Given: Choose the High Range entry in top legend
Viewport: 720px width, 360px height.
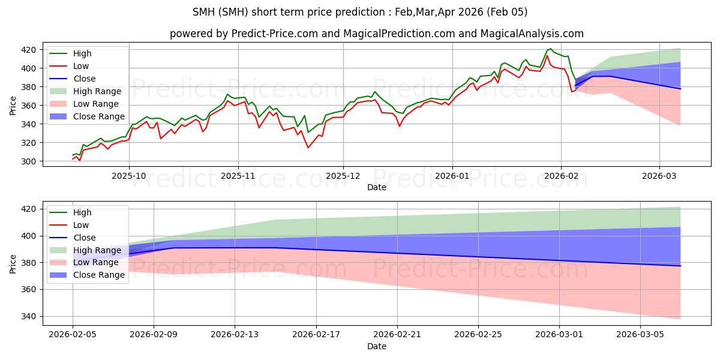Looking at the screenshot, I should coord(96,91).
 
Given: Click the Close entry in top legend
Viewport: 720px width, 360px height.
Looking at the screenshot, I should coord(85,79).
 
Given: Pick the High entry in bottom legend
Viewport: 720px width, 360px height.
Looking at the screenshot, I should coord(82,212).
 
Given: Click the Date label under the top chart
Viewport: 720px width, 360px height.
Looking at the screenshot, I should coord(377,187).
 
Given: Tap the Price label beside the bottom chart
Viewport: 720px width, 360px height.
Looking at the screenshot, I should coord(13,263).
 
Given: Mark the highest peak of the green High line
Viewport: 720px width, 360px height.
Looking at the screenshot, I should coord(551,49).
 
